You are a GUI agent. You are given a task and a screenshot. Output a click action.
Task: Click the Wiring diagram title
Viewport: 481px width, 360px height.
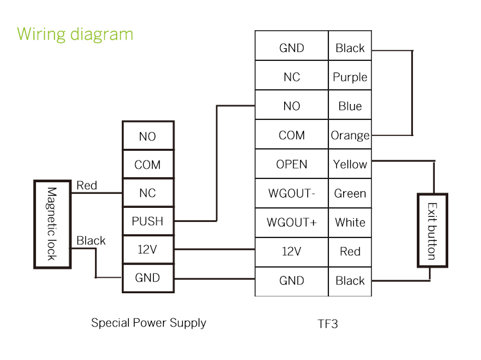(x=75, y=34)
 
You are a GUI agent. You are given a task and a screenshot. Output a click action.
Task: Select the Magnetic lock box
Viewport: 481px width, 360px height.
(x=53, y=224)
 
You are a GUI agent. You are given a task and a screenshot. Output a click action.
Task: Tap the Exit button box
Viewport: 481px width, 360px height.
(x=432, y=230)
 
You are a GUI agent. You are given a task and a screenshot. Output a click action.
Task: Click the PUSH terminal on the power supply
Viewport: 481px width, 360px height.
(x=148, y=221)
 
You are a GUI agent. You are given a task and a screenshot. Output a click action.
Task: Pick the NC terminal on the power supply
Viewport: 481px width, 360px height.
(x=148, y=193)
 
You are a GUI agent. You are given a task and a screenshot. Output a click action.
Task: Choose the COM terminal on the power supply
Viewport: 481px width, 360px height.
(x=148, y=165)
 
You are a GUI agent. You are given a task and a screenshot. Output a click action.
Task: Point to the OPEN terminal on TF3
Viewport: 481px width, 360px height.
(x=292, y=164)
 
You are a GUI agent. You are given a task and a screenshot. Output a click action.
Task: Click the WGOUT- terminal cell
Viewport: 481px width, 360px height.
(x=292, y=193)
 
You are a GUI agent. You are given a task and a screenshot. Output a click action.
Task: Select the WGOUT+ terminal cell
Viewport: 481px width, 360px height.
(x=292, y=223)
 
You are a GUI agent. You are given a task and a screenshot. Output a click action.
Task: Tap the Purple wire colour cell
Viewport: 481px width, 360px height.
(x=350, y=77)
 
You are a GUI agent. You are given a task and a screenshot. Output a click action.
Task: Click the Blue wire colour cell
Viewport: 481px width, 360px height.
(x=350, y=107)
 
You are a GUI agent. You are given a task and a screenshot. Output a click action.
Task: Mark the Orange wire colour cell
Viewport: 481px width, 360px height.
(x=350, y=135)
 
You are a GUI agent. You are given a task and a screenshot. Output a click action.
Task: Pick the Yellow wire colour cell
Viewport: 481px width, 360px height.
(x=350, y=164)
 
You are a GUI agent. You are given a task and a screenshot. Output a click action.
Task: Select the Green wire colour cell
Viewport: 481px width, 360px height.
(x=350, y=193)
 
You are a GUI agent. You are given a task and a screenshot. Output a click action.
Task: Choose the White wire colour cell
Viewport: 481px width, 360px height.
(x=350, y=223)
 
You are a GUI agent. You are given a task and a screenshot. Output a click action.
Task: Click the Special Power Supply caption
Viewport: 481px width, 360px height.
(x=149, y=323)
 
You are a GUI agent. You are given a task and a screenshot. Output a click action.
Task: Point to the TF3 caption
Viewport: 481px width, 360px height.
(x=327, y=323)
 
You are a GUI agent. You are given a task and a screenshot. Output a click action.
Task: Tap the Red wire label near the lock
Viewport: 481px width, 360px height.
(x=87, y=185)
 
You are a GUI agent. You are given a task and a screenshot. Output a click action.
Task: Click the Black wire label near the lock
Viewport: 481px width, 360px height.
(x=91, y=241)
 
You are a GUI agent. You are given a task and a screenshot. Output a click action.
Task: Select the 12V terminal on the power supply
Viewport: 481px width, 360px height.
(x=148, y=250)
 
